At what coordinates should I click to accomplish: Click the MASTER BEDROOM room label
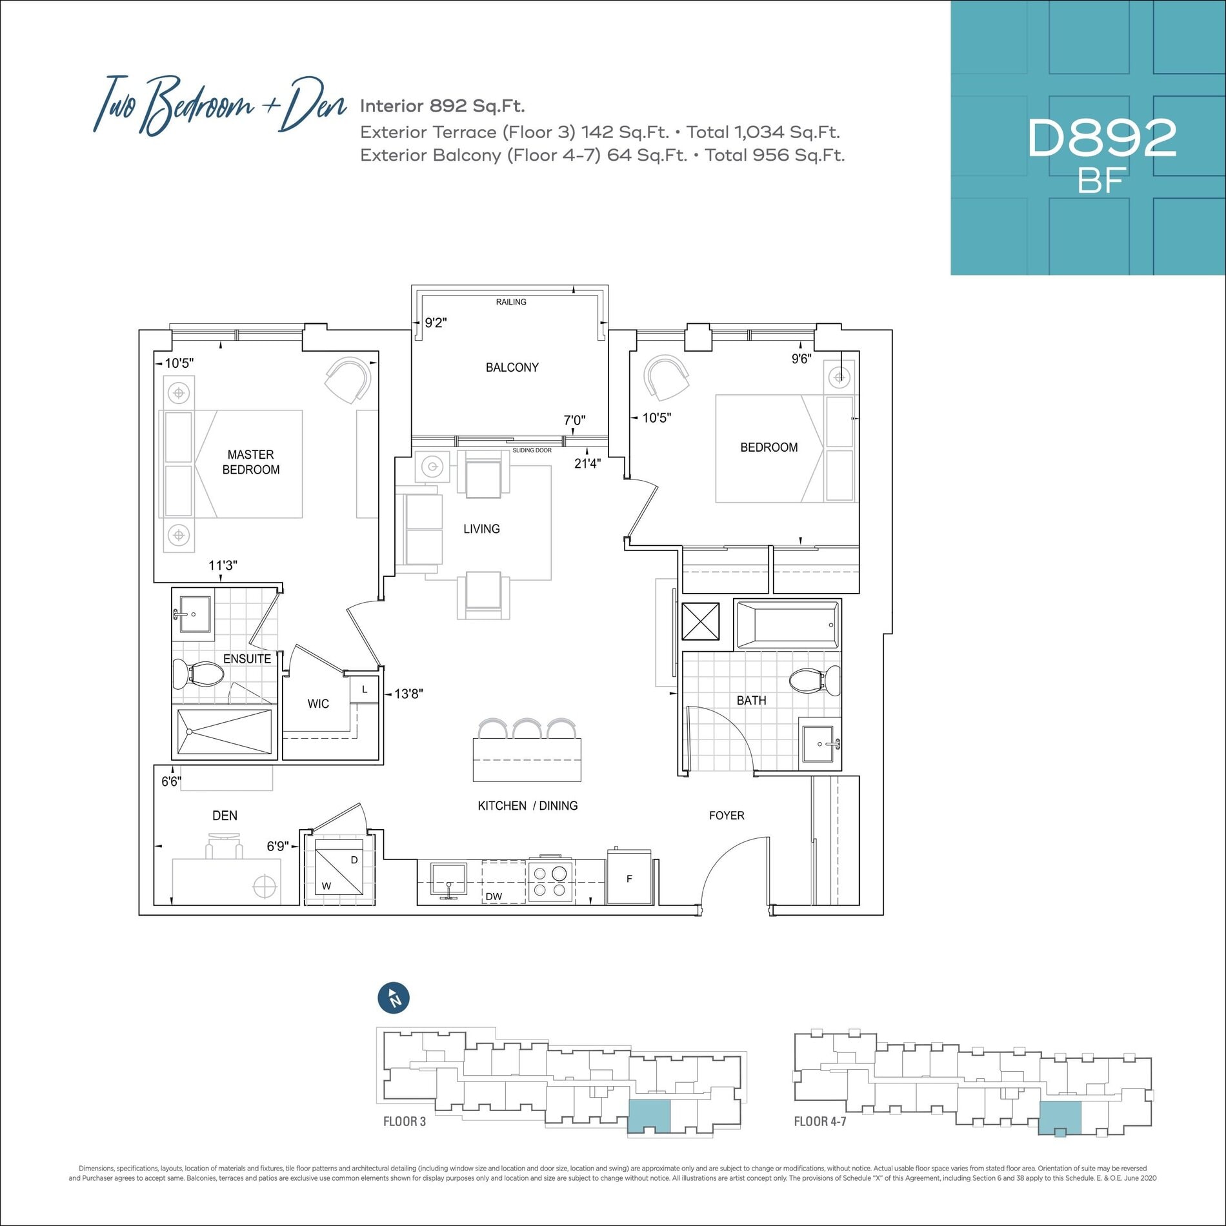tap(251, 462)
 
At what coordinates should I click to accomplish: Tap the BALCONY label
tap(512, 367)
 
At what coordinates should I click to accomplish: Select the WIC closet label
tap(318, 703)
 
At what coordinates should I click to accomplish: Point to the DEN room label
tap(225, 816)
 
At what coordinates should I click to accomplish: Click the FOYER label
tap(727, 816)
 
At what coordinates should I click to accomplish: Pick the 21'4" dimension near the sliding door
tap(587, 463)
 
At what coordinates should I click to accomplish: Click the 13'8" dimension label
tap(408, 694)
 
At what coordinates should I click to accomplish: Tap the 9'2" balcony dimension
tap(436, 323)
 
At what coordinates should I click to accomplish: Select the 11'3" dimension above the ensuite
tap(223, 565)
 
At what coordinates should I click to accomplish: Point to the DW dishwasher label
tap(494, 896)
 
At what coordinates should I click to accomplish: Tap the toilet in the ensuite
tap(198, 674)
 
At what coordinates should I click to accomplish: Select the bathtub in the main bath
tap(788, 625)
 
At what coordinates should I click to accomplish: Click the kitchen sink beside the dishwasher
tap(448, 880)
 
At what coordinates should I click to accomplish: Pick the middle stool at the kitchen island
tap(528, 729)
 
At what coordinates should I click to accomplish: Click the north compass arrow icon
tap(394, 998)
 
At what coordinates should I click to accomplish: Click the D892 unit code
tap(1102, 137)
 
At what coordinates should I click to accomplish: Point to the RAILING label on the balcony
tap(511, 302)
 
